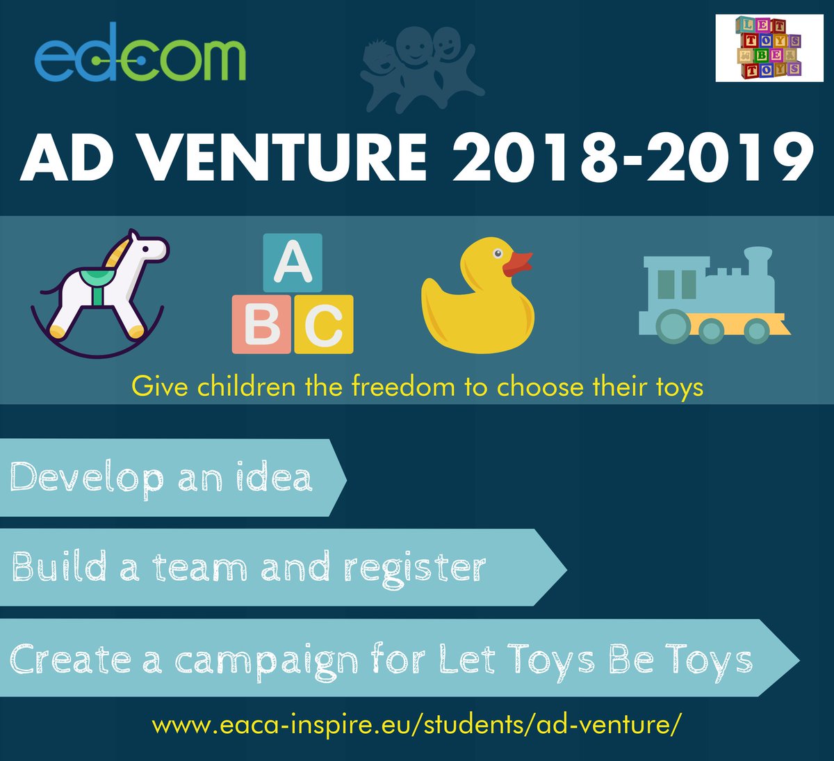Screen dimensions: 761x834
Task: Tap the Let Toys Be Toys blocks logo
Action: click(x=769, y=47)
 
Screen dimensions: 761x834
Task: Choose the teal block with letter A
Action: click(x=293, y=263)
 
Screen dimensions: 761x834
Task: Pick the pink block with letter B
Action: click(x=261, y=324)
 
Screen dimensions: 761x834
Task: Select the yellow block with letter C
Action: click(x=324, y=324)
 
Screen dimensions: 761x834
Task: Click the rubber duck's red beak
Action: click(x=517, y=264)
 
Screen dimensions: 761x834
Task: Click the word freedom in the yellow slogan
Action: click(x=403, y=386)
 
